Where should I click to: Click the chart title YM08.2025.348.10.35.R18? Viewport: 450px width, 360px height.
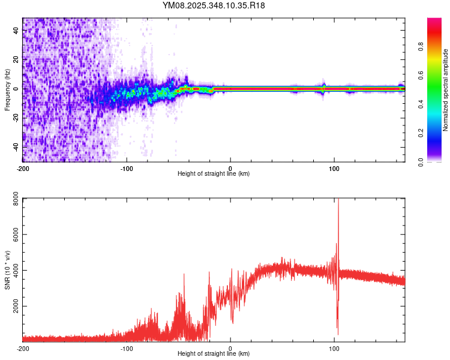click(x=214, y=5)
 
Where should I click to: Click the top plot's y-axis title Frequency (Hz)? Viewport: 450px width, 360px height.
click(x=7, y=89)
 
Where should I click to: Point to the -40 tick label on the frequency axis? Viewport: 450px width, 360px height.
click(x=16, y=146)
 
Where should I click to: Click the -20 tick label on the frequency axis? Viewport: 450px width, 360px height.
click(x=16, y=118)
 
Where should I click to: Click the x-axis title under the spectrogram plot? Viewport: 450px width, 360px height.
click(x=214, y=174)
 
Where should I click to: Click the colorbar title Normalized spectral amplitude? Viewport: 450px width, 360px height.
click(x=446, y=90)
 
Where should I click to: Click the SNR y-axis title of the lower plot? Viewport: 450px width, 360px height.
click(x=7, y=270)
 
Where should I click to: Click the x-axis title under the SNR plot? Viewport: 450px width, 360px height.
click(x=214, y=355)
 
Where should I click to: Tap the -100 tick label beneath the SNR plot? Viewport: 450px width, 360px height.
click(x=127, y=349)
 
